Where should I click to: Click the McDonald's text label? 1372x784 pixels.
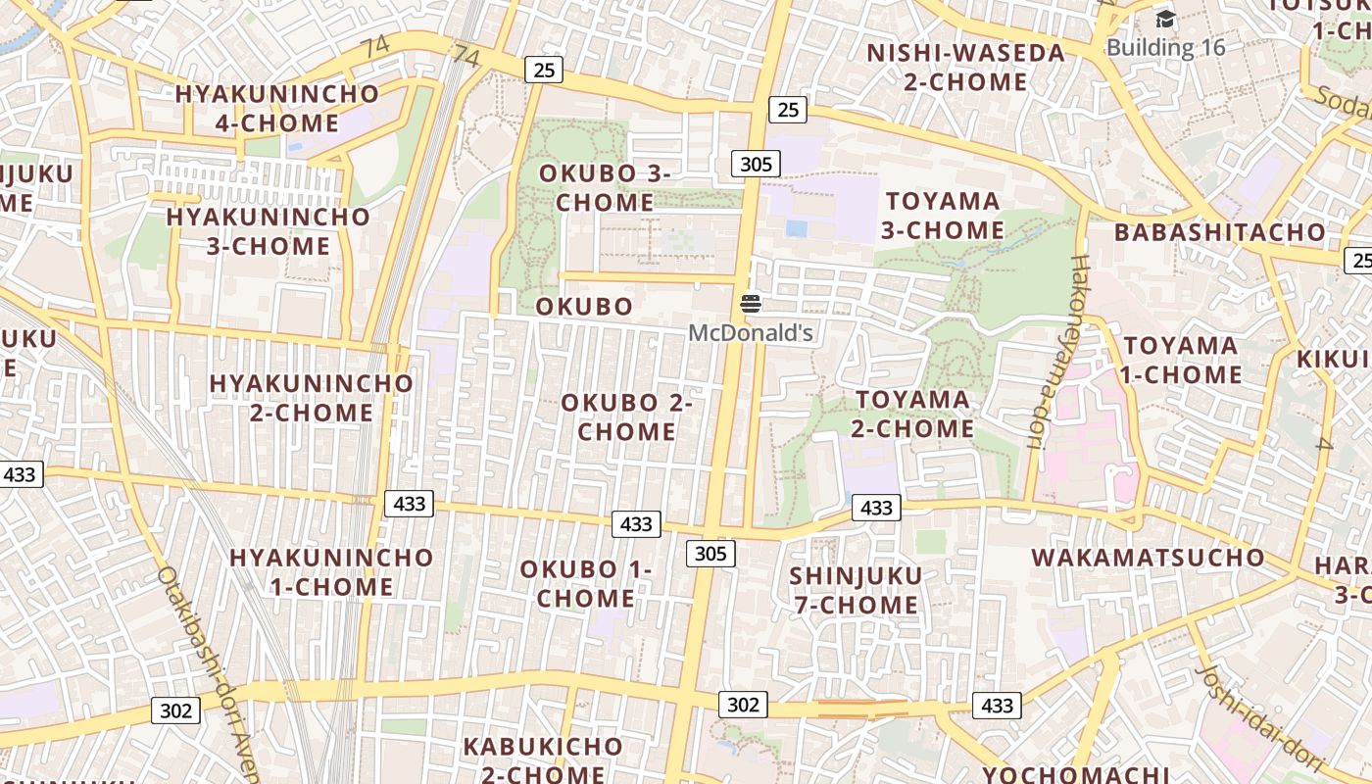(x=751, y=333)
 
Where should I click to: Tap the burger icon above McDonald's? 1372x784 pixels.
(x=751, y=304)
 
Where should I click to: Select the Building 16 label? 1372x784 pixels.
(x=1165, y=47)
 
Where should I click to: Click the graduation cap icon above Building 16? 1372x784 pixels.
(x=1165, y=20)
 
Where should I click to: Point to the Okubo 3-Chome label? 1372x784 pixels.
(x=605, y=188)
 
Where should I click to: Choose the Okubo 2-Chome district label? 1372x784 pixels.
(x=626, y=416)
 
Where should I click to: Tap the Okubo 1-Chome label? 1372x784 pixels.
(x=585, y=583)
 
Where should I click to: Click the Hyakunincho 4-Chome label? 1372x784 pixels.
(x=276, y=109)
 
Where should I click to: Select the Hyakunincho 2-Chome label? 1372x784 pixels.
(x=311, y=397)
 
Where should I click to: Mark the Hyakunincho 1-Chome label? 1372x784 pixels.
(x=330, y=572)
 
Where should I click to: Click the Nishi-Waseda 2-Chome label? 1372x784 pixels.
(x=965, y=67)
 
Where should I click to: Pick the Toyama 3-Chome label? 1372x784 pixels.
(x=943, y=216)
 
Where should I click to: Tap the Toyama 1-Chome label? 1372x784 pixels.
(x=1181, y=360)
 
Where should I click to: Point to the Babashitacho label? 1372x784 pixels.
(x=1219, y=233)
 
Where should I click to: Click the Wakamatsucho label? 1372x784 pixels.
(x=1148, y=558)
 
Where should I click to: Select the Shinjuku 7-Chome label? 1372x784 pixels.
(x=856, y=590)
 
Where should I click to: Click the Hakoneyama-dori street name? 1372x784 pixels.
(x=1053, y=353)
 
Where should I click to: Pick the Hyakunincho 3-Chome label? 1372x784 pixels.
(x=268, y=231)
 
